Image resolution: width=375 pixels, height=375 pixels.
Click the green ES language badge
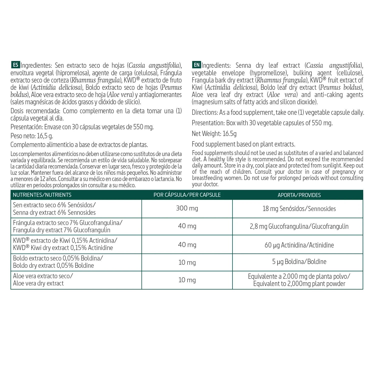point(15,65)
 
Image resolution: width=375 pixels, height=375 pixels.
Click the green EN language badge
point(196,65)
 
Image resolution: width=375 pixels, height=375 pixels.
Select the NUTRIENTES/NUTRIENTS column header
point(42,195)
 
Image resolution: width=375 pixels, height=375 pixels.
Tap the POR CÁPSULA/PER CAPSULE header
point(187,195)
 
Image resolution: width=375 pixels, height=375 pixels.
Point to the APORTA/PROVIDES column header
point(299,195)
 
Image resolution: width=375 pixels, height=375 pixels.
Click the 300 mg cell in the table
point(187,208)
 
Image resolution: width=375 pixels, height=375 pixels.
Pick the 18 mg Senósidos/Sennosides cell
point(299,209)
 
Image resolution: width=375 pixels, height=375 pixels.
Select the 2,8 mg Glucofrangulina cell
point(299,226)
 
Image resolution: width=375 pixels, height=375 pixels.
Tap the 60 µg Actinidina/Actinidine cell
point(299,245)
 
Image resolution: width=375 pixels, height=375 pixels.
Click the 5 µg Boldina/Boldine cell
point(299,262)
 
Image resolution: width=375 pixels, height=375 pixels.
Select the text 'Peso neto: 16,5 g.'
point(32,136)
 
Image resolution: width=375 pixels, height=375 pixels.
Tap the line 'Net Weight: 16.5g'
point(214,134)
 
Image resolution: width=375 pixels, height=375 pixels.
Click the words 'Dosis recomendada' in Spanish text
point(35,111)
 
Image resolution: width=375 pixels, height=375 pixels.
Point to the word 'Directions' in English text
point(205,112)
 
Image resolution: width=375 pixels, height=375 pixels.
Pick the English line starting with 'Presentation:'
point(262,123)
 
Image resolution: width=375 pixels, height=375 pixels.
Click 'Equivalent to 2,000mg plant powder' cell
point(299,284)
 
